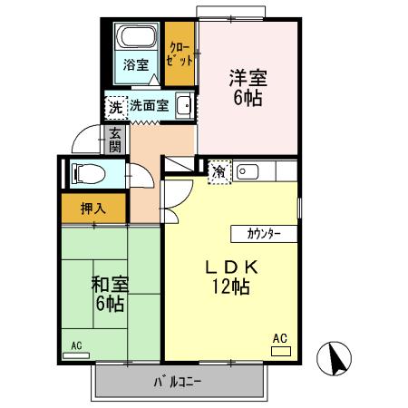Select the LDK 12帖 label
coord(230,277)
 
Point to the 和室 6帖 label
coord(109,293)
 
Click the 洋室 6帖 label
coord(246,87)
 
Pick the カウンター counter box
coord(263,234)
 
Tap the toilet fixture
coord(87,172)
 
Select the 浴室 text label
coord(136,66)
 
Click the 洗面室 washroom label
coord(149,105)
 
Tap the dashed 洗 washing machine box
coord(115,105)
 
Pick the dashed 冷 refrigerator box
coord(219,170)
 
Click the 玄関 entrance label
coord(116,141)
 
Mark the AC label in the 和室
coord(77,345)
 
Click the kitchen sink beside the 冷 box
coord(248,170)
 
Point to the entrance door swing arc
coord(87,136)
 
